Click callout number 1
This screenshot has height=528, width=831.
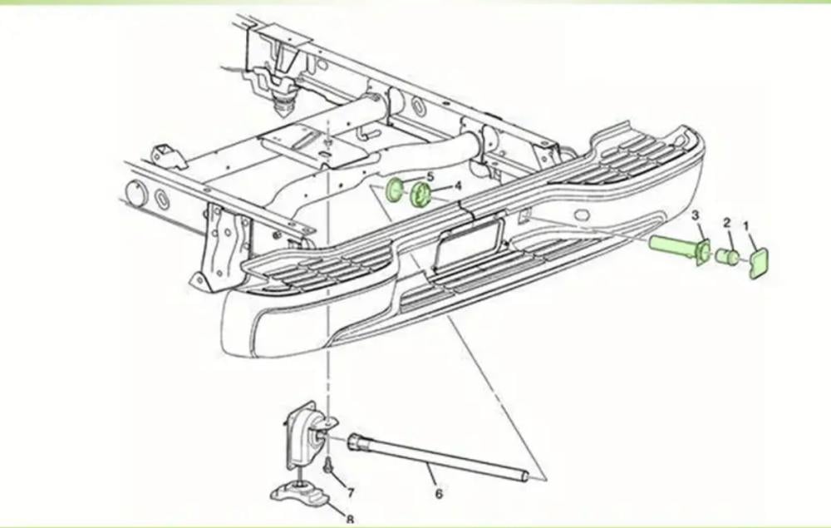[x=745, y=226]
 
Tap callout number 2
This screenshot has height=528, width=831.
[x=727, y=223]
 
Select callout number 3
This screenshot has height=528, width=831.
[x=696, y=215]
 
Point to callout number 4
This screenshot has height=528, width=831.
[x=457, y=185]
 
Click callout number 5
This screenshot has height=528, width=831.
[x=430, y=176]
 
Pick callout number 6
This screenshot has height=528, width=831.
[x=438, y=494]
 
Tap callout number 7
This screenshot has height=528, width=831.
[x=351, y=492]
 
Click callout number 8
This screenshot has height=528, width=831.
[x=350, y=520]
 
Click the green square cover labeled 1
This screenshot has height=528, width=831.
[x=759, y=263]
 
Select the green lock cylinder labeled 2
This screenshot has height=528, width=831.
[x=728, y=257]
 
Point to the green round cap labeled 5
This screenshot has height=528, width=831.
[x=394, y=190]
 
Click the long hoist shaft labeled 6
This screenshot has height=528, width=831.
[x=438, y=457]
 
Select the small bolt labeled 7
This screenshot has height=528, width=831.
[x=327, y=466]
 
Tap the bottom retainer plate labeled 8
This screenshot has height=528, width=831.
[x=300, y=493]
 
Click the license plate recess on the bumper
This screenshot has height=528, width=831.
[x=469, y=242]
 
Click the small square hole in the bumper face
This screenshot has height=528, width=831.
[x=524, y=215]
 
